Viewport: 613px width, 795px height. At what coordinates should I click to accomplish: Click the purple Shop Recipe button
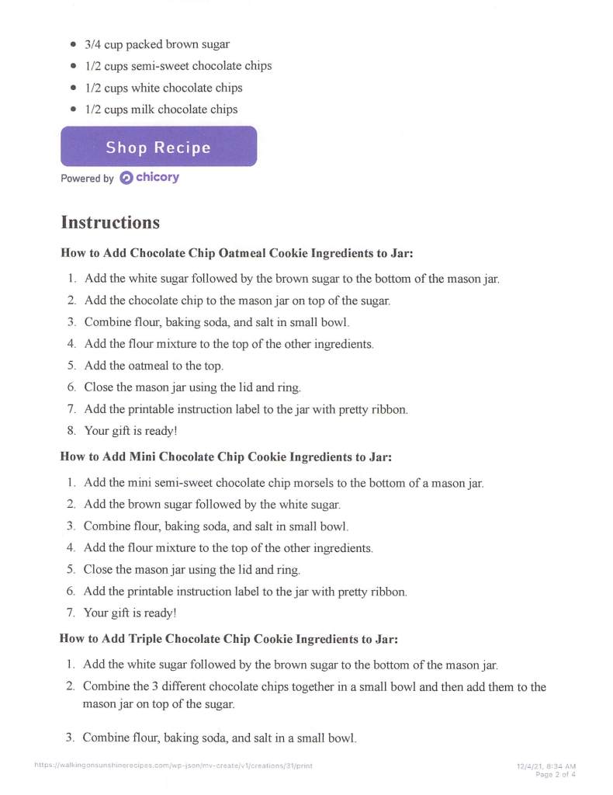click(x=158, y=147)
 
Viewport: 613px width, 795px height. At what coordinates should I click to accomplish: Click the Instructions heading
click(x=110, y=223)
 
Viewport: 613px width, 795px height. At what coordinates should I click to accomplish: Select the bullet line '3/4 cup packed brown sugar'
click(x=157, y=44)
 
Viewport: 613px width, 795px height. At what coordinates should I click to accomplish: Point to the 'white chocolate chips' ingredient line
click(x=164, y=88)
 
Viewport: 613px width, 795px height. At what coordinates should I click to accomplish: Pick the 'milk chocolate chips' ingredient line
click(x=161, y=109)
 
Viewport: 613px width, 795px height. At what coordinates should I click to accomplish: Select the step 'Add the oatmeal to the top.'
click(x=154, y=366)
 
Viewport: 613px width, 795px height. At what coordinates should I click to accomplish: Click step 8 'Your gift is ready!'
click(x=131, y=429)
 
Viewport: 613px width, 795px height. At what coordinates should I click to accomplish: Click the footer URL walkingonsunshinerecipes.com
click(x=173, y=765)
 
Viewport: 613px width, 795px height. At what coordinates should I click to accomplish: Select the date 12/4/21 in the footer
click(x=530, y=766)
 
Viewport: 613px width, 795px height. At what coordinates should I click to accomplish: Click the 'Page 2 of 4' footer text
click(x=556, y=774)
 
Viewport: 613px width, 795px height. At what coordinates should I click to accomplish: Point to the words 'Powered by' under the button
click(x=87, y=179)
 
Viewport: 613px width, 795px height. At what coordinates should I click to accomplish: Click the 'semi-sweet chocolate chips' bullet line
click(x=178, y=66)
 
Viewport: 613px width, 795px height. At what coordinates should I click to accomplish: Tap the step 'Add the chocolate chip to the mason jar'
click(x=237, y=300)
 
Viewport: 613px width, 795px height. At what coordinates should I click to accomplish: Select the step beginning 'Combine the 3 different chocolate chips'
click(x=314, y=687)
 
